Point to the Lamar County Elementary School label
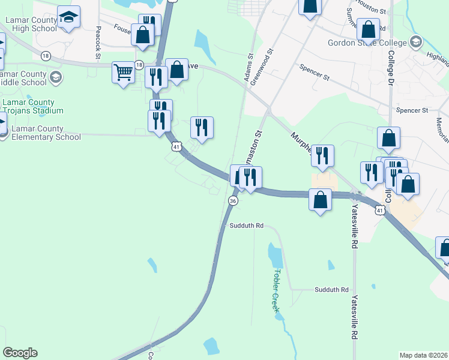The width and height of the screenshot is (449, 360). [45, 133]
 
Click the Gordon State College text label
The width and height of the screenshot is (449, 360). [367, 43]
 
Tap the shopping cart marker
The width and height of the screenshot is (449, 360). [123, 73]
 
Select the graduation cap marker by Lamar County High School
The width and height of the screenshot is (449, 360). [69, 16]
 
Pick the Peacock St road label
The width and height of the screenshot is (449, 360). [98, 43]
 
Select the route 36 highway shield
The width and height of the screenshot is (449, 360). [233, 201]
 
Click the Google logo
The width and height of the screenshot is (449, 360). [20, 353]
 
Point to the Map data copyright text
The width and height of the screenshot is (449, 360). [423, 355]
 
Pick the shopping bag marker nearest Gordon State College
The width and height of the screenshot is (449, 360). [368, 29]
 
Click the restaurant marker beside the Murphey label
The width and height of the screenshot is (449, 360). [322, 155]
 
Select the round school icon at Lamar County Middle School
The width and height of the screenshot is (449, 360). [56, 77]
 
